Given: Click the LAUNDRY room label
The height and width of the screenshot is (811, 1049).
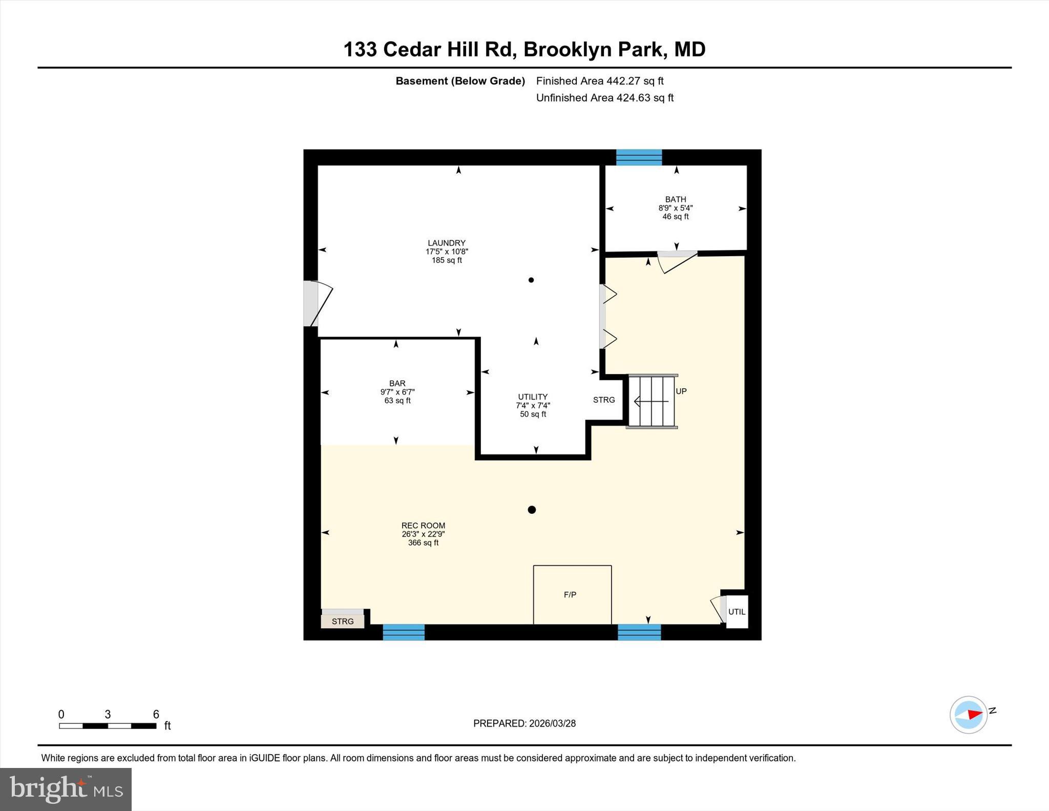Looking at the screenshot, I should (x=447, y=243).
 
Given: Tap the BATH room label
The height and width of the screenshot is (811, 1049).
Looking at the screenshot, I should (x=676, y=199).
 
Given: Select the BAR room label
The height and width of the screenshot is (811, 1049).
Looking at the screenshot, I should (x=397, y=383).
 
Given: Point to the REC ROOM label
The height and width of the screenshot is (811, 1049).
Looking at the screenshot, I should (x=423, y=525).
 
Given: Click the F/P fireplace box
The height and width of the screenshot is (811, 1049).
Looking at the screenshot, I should (x=572, y=595).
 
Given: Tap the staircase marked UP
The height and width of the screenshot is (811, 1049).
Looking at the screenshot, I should (x=652, y=401).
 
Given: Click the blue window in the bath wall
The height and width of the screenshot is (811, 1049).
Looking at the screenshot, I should (x=639, y=157).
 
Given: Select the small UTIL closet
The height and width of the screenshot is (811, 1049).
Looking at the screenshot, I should (x=737, y=612).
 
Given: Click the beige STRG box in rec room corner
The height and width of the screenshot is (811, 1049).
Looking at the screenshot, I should (x=343, y=621).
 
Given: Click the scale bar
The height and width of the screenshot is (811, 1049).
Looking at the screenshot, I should (x=108, y=725).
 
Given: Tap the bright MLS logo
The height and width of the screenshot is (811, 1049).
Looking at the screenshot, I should (x=66, y=789).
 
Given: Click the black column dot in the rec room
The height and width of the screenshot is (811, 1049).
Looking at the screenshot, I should (x=532, y=510).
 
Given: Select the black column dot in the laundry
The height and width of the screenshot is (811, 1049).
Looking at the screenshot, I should (x=531, y=280).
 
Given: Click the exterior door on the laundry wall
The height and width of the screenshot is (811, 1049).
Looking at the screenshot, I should (x=312, y=303).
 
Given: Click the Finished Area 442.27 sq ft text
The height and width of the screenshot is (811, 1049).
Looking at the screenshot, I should (x=600, y=81).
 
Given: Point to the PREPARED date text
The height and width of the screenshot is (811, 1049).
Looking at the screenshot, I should (x=524, y=723).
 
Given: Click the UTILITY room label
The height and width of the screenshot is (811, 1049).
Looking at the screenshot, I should (x=533, y=397).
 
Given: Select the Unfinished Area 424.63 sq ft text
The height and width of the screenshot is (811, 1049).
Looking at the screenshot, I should (x=604, y=98).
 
